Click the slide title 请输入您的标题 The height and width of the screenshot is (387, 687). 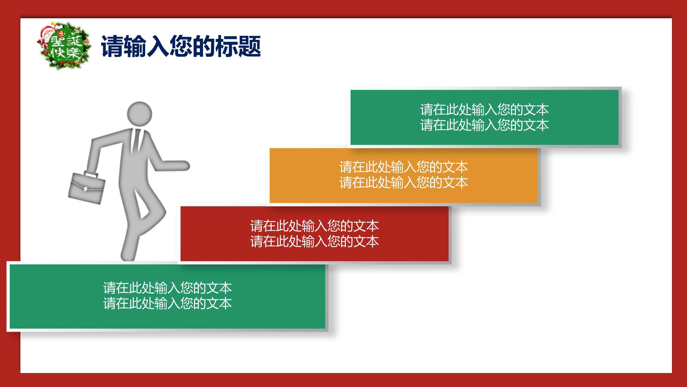tap(181, 46)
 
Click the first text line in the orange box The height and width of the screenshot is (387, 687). tap(404, 167)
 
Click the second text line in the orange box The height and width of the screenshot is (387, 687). tap(404, 182)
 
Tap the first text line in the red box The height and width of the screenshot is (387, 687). tap(315, 226)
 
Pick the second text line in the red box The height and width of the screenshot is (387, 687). tap(315, 241)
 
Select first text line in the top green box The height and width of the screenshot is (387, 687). tap(484, 109)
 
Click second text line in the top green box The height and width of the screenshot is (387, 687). tap(484, 125)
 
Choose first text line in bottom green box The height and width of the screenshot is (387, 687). tap(167, 288)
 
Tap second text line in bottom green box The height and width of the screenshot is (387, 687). tap(167, 303)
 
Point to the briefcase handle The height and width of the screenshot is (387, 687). tap(91, 175)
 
